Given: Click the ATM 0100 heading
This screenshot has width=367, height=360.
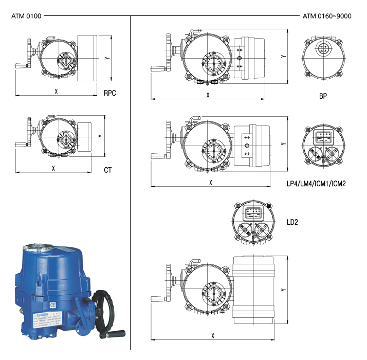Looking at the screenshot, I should pos(26,16).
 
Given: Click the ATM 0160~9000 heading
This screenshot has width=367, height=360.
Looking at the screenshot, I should pos(327,16).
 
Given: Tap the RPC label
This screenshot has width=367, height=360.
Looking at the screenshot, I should pos(110,94).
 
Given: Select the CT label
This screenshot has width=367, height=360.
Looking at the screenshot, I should pos(108,170).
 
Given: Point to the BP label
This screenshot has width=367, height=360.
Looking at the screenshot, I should pos(323,96).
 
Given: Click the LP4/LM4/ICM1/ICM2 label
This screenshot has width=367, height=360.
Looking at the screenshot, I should pos(316,183).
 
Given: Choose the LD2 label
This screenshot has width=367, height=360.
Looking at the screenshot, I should pos(292,222).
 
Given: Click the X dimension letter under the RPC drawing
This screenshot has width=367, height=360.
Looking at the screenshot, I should pos(56,91).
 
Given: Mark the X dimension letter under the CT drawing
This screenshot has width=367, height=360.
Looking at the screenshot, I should pos(53,168).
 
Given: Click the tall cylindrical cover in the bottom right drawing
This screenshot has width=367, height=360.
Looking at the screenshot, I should pos(255,291).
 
